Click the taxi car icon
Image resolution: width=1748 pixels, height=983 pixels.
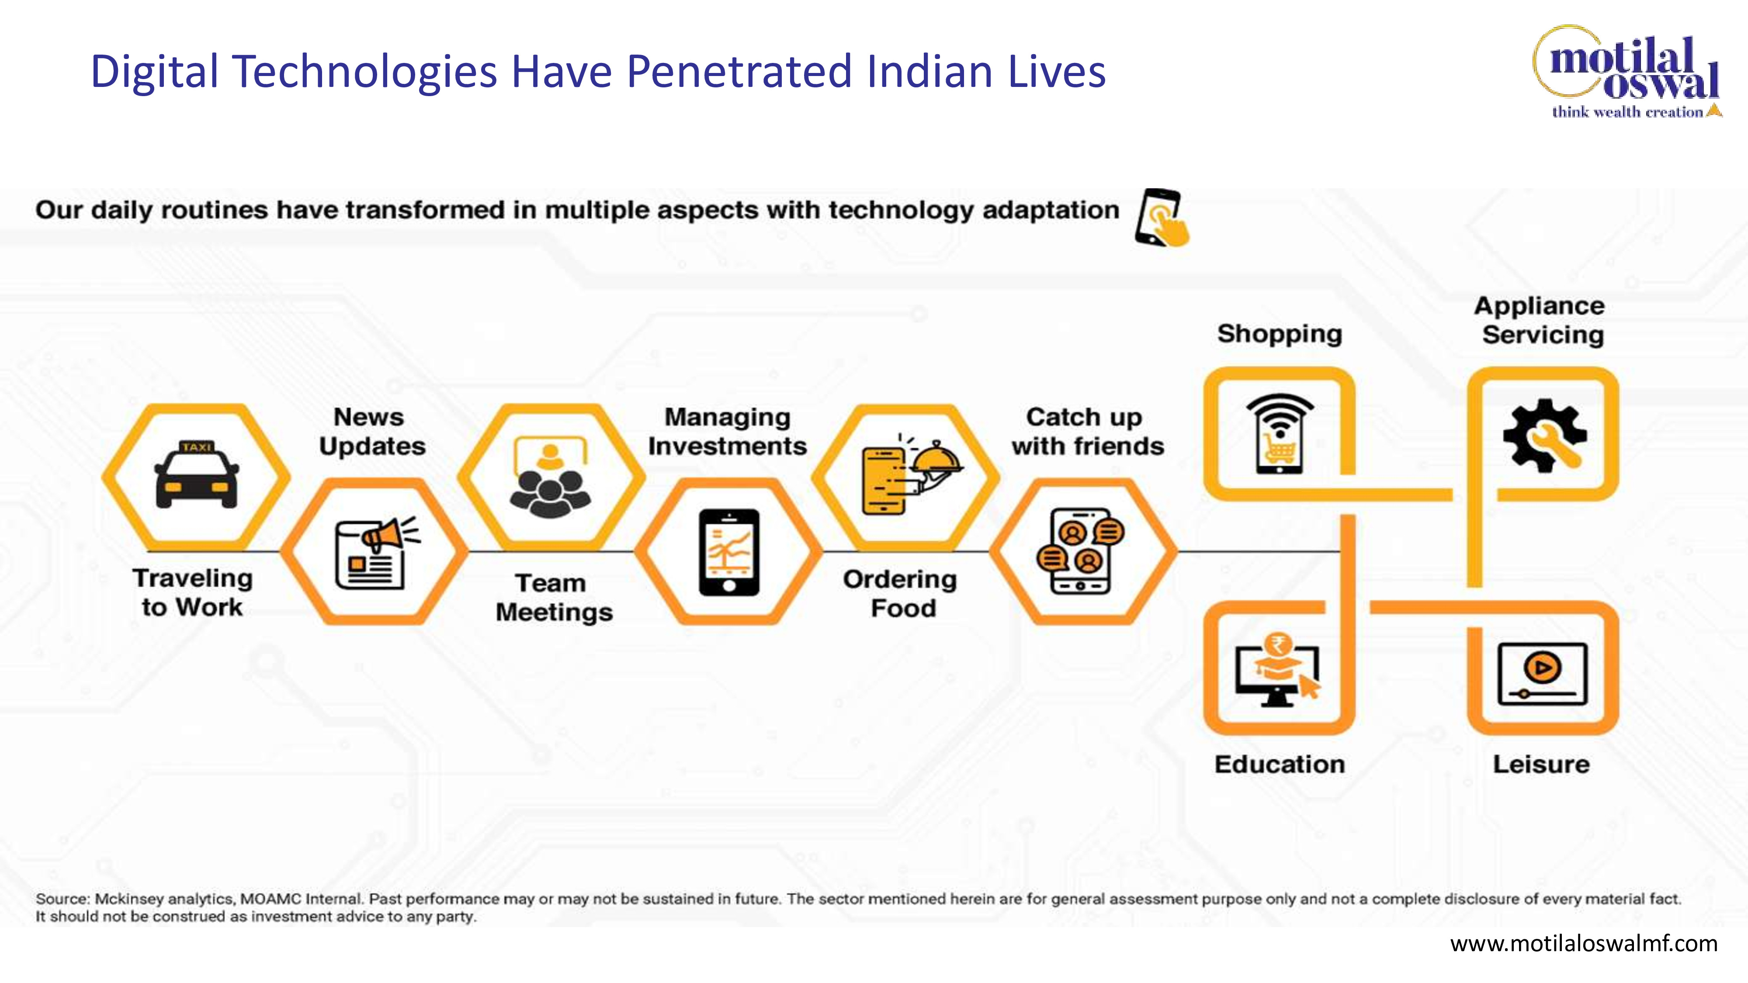tap(197, 474)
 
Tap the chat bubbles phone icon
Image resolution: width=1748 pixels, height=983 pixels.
tap(1080, 551)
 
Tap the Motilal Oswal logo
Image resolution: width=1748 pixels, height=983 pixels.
tap(1627, 73)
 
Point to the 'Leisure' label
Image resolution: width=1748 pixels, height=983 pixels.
tap(1541, 765)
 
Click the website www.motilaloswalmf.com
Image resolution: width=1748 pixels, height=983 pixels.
tap(1584, 944)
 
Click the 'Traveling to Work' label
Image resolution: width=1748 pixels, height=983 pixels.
tap(193, 593)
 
